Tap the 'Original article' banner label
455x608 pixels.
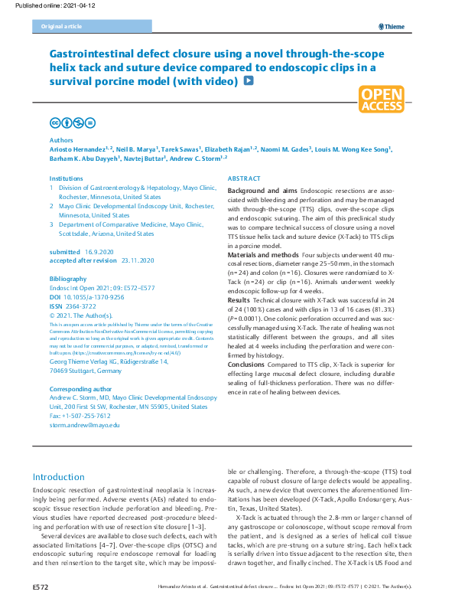tap(58, 27)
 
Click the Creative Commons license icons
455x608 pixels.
tap(73, 123)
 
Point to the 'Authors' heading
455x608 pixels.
tap(61, 141)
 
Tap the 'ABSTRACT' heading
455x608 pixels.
tap(244, 178)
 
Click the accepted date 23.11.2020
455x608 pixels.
tap(138, 261)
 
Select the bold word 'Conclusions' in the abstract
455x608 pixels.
tap(249, 364)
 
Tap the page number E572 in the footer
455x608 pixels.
tap(41, 587)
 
